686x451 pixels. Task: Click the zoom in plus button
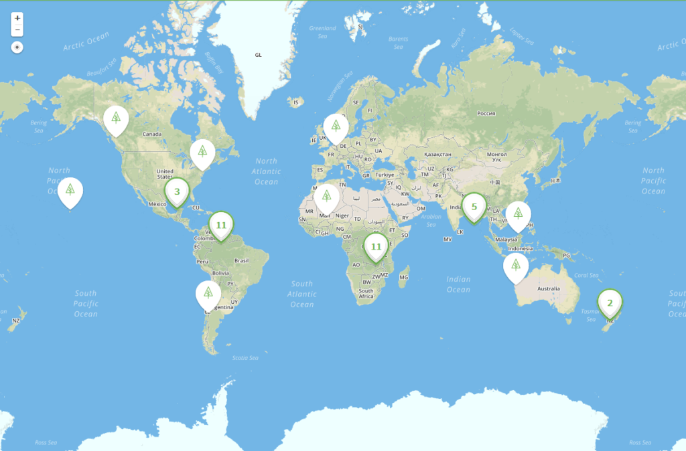pos(17,18)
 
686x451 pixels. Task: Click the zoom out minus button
pos(17,31)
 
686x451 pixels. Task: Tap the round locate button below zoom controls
pos(17,48)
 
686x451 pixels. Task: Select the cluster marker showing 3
pos(177,191)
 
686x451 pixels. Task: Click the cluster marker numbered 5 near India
pos(474,207)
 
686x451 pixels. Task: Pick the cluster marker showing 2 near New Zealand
pos(610,302)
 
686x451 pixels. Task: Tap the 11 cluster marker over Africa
pos(376,246)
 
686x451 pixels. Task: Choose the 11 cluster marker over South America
pos(221,225)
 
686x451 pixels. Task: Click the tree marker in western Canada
pos(116,118)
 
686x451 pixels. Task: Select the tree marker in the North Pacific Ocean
pos(70,190)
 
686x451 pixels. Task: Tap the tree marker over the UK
pos(336,126)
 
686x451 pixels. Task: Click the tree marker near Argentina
pos(208,293)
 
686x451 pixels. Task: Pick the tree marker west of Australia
pos(515,266)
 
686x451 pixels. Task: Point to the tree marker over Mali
pos(326,196)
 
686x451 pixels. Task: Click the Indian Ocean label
pos(458,284)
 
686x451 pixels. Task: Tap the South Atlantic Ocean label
pos(302,294)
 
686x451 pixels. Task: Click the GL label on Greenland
pos(258,55)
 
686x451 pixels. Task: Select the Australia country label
pos(549,288)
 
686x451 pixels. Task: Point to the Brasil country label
pos(241,260)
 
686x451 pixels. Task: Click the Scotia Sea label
pos(245,358)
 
